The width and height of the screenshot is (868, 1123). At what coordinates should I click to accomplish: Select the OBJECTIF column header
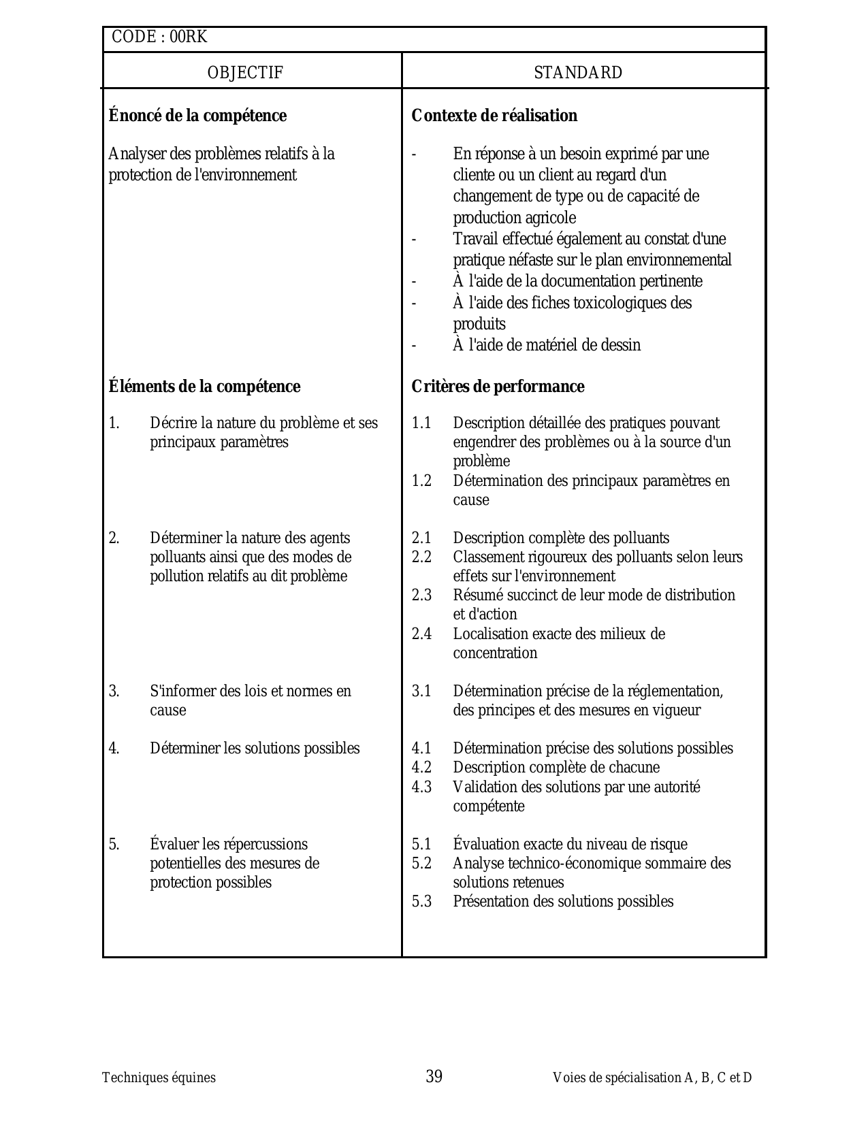point(245,73)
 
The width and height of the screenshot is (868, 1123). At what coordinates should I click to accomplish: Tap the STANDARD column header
point(578,73)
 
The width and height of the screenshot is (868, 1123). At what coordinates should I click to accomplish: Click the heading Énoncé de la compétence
point(197,116)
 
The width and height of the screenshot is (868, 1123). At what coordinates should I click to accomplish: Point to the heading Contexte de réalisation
point(494,116)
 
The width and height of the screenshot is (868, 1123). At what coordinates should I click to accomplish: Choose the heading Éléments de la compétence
point(204,387)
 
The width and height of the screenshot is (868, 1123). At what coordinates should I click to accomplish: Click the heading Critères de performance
point(498,387)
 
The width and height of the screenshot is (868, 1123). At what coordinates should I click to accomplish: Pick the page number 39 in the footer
point(434,1077)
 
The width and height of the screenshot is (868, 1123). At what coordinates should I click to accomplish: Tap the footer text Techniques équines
point(159,1078)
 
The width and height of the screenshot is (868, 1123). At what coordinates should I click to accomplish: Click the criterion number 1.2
point(421,481)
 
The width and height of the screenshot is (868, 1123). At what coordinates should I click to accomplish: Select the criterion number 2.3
point(421,596)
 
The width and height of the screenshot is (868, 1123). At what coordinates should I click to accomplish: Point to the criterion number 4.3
point(421,787)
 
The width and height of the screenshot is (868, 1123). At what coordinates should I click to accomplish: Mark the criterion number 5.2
point(421,864)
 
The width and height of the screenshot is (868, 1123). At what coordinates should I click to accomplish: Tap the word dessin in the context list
point(620,345)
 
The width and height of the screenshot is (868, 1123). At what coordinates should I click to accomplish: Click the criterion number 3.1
point(421,691)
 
